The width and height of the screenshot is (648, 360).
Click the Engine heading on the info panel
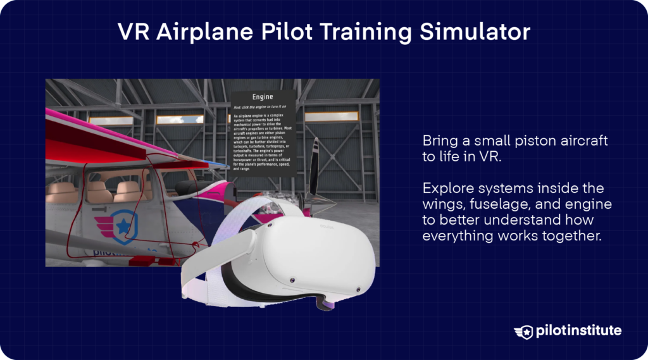point(262,97)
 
